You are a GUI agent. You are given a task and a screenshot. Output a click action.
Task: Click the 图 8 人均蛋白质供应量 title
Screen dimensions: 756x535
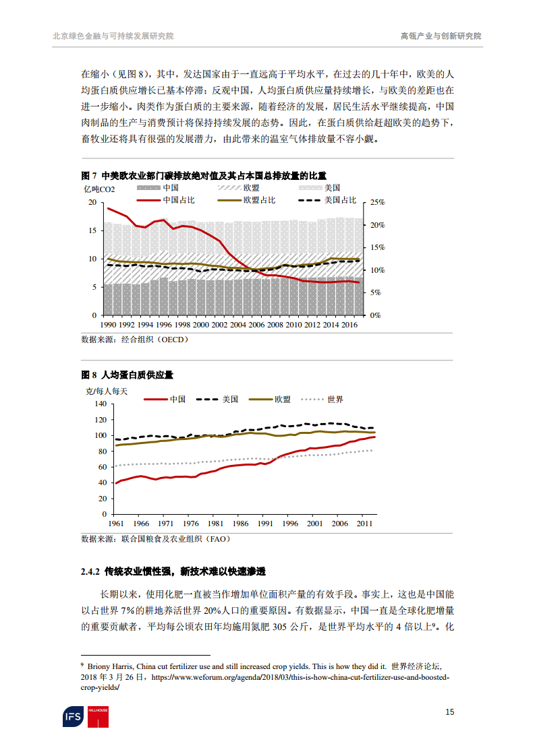tap(132, 374)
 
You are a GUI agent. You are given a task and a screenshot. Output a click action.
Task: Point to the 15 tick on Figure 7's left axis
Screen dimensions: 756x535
tap(92, 230)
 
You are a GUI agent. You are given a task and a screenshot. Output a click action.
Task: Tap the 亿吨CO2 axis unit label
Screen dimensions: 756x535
tap(98, 189)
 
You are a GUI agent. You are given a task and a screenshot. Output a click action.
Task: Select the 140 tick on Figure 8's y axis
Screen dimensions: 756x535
tap(100, 404)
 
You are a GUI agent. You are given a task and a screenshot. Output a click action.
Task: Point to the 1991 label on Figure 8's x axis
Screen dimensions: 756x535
tap(264, 523)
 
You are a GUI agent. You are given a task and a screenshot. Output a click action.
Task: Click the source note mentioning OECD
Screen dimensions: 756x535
tap(135, 340)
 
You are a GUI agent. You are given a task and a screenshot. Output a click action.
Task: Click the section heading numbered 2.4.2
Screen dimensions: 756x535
tap(173, 572)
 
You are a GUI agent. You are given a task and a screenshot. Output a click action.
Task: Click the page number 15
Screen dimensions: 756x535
tap(449, 712)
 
